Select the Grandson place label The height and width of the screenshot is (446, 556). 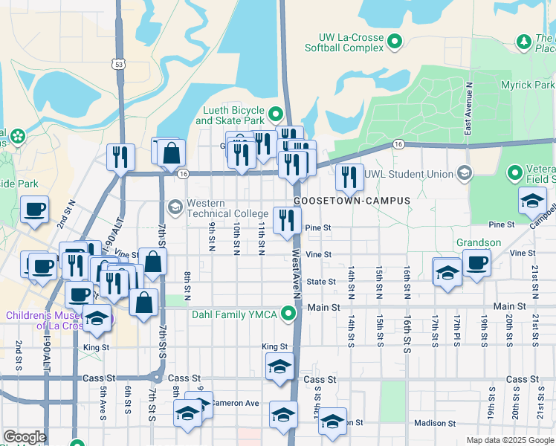tap(478, 242)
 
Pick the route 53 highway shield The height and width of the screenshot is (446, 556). tap(118, 65)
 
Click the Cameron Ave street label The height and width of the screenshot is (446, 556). tap(234, 403)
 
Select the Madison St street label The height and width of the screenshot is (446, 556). tap(434, 423)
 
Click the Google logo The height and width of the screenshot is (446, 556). tap(25, 437)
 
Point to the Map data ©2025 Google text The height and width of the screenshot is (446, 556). tap(510, 440)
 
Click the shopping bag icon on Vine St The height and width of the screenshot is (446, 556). tap(152, 262)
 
